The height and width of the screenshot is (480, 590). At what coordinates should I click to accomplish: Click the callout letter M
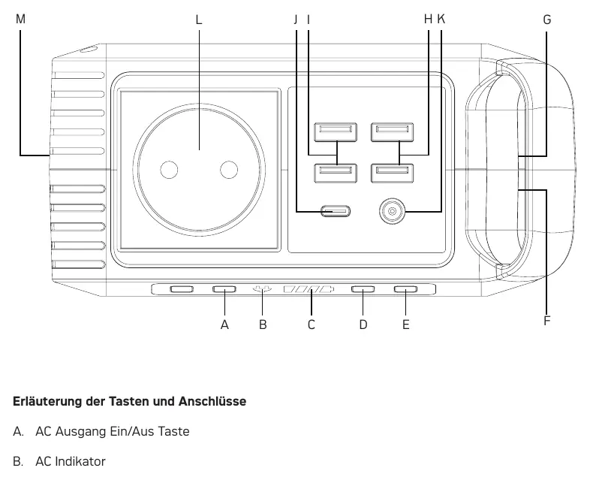20,19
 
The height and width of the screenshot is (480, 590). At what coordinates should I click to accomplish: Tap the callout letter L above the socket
199,20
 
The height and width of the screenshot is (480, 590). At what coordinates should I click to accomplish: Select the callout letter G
546,20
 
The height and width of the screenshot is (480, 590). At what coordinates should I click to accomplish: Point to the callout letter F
546,321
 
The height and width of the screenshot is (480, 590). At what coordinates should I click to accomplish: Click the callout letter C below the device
312,325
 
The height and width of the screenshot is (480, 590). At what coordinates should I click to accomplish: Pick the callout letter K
441,19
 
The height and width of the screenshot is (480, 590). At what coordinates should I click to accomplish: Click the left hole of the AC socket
169,170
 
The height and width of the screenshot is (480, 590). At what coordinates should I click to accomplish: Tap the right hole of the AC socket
229,170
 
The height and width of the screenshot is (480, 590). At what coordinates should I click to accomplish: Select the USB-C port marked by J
336,211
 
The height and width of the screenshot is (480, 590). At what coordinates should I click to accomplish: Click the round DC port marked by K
392,211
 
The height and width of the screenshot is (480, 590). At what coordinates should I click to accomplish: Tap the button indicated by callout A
224,289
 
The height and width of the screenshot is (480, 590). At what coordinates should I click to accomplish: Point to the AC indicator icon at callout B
262,289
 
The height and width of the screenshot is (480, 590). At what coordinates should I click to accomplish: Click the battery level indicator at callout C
309,289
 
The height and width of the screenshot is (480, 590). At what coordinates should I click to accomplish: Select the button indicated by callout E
405,289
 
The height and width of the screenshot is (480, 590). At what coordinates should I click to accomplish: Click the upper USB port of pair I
336,131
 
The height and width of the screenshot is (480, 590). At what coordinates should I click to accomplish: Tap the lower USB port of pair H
393,174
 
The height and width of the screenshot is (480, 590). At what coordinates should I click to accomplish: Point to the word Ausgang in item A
81,431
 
